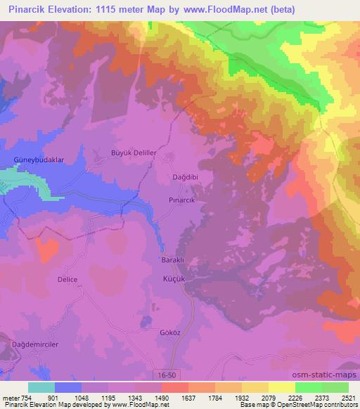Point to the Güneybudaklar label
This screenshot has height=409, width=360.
39,160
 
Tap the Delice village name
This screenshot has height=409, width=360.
67,279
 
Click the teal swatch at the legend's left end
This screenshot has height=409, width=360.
41,387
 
